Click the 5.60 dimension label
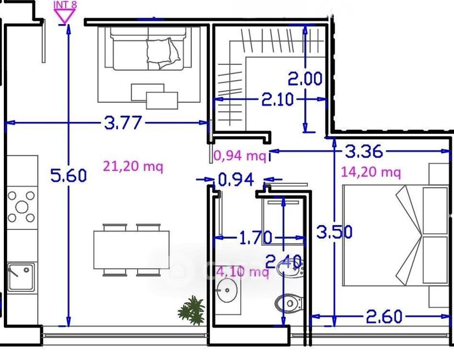tap(69, 176)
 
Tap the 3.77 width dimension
tap(123, 122)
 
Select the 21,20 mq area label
tap(133, 167)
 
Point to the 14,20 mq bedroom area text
tap(371, 172)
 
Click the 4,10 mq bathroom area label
tap(242, 272)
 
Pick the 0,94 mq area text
tap(240, 156)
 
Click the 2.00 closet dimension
tap(305, 78)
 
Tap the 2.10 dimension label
tap(277, 100)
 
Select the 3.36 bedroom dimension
tap(364, 151)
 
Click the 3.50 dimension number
tap(334, 232)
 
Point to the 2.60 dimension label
tap(384, 317)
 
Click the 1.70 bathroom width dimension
tap(256, 238)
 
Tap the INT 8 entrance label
tap(65, 4)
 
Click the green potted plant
tap(191, 311)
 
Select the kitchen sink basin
tap(20, 277)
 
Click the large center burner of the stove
tap(22, 207)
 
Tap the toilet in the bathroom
tap(288, 303)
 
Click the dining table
tap(132, 250)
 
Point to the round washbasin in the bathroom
tap(227, 290)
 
